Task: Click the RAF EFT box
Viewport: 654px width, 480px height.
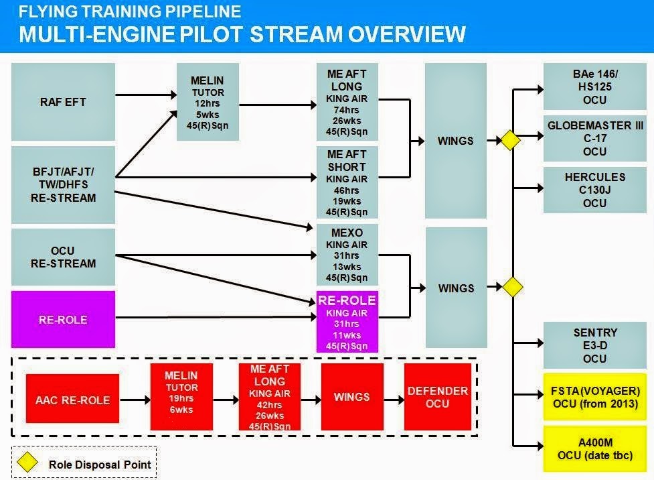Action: [63, 102]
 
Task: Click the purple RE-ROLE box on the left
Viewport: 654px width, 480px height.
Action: [63, 320]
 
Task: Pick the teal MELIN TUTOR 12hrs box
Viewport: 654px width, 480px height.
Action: [208, 102]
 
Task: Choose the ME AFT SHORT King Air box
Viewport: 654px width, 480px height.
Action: [346, 182]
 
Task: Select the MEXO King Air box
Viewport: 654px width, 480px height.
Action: [346, 255]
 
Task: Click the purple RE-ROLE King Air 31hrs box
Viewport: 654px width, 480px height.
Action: [346, 321]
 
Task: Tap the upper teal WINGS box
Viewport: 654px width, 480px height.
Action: [456, 141]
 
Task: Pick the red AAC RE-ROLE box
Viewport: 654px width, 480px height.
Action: [72, 400]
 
